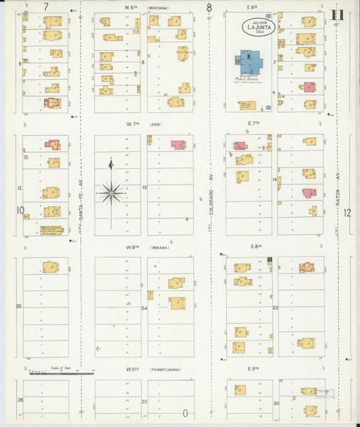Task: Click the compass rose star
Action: click(110, 192)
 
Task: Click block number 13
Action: click(145, 187)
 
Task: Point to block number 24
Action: click(145, 308)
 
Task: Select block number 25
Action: click(20, 306)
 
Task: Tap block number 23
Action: click(276, 307)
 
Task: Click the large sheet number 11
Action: click(338, 15)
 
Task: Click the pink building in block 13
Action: click(178, 145)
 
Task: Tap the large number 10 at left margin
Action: click(21, 210)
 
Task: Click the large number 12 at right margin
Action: click(347, 212)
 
